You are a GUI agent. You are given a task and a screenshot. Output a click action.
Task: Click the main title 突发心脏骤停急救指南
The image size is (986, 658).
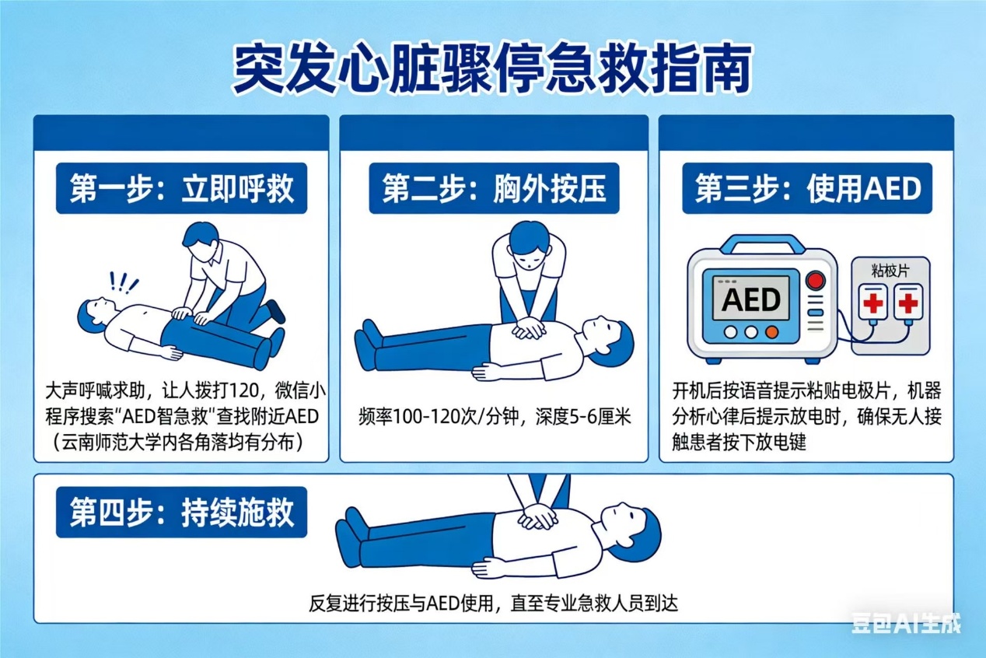click(492, 68)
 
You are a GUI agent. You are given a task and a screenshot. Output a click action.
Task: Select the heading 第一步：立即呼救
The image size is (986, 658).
click(182, 188)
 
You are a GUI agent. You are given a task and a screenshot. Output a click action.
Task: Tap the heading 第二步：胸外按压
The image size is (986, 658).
click(494, 188)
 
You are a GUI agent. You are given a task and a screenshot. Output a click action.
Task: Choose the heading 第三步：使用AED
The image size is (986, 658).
click(808, 188)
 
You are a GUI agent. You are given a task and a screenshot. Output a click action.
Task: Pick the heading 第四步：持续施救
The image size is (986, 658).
click(182, 512)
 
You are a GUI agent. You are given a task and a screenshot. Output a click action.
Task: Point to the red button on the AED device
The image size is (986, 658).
click(815, 280)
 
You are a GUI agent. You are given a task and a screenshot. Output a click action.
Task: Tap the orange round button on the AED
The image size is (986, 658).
click(771, 332)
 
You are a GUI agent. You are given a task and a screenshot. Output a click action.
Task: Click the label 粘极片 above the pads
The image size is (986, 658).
click(890, 270)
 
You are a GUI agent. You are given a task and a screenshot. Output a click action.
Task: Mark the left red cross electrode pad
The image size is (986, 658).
click(872, 303)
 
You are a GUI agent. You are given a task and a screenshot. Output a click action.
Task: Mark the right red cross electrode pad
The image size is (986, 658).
click(908, 303)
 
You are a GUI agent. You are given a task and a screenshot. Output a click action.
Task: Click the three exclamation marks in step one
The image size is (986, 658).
click(124, 282)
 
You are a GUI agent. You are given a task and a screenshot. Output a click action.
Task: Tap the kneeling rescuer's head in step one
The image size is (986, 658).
click(201, 239)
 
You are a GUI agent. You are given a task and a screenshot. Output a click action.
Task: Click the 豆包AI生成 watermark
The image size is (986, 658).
click(907, 623)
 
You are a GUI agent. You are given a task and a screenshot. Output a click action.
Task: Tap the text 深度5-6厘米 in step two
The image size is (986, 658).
click(583, 416)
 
